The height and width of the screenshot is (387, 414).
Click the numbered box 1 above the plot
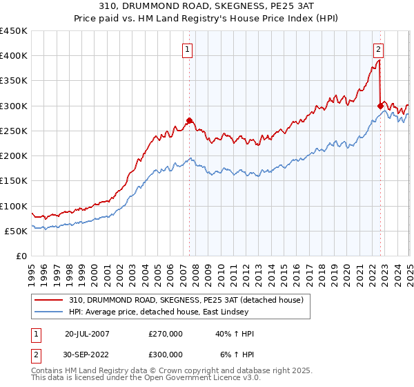point(188,49)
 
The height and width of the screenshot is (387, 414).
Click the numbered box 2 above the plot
point(379,49)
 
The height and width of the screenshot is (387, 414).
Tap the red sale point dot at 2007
point(189,120)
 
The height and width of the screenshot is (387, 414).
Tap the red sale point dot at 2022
point(380,106)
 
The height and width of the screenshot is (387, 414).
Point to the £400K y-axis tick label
point(14,56)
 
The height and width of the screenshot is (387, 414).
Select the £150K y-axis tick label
point(14,181)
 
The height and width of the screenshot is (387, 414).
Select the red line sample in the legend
point(50,300)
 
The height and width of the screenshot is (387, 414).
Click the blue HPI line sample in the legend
point(50,312)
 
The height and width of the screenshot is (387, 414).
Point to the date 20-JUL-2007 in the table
point(87,334)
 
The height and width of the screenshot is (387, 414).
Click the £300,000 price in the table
point(166,355)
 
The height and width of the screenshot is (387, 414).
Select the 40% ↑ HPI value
point(234,334)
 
